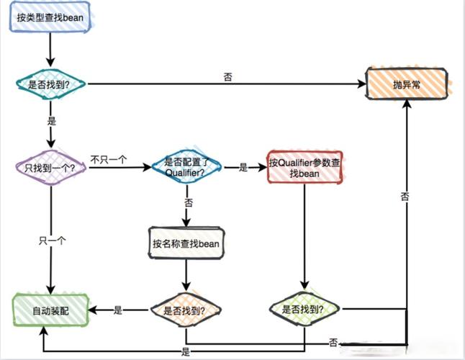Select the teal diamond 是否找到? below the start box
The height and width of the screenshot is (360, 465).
[x=50, y=84]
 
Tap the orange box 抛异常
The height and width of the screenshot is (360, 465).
[x=408, y=84]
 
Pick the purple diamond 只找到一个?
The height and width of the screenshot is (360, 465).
[x=50, y=168]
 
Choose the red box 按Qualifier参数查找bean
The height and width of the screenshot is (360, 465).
[x=303, y=167]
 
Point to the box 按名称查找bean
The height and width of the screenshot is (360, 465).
[x=186, y=243]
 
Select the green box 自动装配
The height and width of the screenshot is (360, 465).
[x=50, y=310]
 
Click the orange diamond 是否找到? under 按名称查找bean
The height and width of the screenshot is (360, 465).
[x=185, y=310]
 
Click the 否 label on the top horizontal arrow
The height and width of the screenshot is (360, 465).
[x=228, y=76]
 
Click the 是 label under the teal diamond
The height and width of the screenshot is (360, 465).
[x=51, y=122]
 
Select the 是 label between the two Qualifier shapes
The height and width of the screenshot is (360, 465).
[x=243, y=168]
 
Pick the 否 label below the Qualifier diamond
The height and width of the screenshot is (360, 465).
[x=188, y=204]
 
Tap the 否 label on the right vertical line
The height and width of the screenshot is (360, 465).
[x=405, y=196]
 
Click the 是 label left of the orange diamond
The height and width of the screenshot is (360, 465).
[x=118, y=310]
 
